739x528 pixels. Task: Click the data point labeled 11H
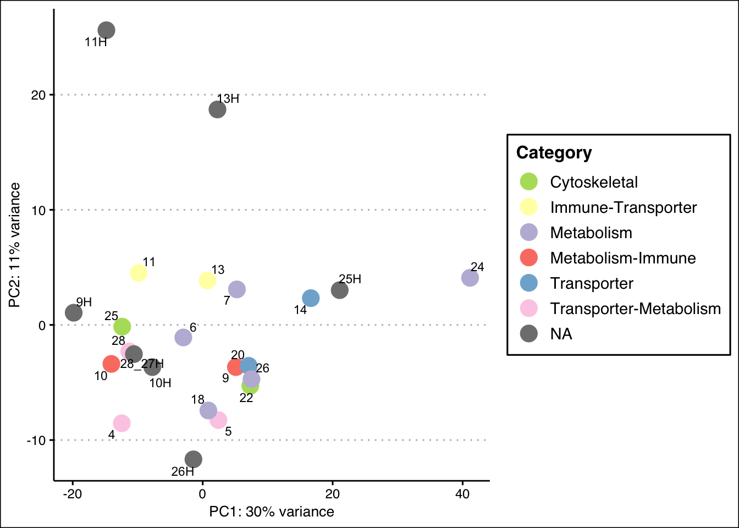[106, 30]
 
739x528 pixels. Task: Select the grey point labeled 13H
[217, 109]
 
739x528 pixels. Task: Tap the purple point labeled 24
[470, 278]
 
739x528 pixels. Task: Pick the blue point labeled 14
[311, 298]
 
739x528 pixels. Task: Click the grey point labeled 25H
[339, 290]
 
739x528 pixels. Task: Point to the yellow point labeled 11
[138, 273]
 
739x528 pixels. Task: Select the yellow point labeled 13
[207, 280]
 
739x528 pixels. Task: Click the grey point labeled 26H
[193, 459]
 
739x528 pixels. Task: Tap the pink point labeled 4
[122, 423]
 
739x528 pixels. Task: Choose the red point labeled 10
[111, 364]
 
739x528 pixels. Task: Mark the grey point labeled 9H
[74, 312]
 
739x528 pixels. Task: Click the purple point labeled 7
[236, 289]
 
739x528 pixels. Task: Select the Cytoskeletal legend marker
[528, 182]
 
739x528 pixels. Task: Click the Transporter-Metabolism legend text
[635, 309]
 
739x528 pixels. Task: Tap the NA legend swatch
[528, 334]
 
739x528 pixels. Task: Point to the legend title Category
[554, 153]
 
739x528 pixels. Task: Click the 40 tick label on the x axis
[462, 494]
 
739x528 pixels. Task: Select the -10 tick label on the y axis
[38, 441]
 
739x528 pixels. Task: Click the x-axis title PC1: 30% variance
[272, 512]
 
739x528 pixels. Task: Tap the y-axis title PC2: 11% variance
[15, 245]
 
